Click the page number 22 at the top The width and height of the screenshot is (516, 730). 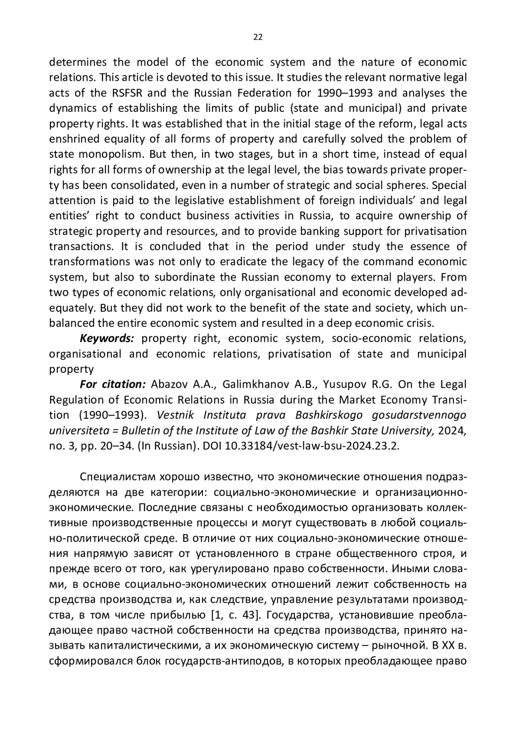pyautogui.click(x=258, y=37)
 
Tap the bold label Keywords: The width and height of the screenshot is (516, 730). pyautogui.click(x=107, y=338)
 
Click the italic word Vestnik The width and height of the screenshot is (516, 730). pyautogui.click(x=176, y=415)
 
